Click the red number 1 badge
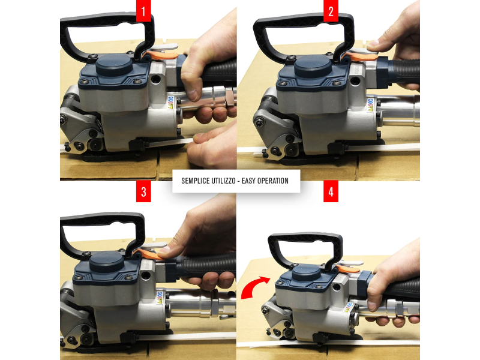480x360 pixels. tap(143, 11)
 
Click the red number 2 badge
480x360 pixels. tap(331, 11)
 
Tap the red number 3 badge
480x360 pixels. tap(143, 191)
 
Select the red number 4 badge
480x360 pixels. tap(331, 191)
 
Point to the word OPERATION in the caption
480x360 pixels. tap(273, 181)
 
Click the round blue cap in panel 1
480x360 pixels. tap(114, 65)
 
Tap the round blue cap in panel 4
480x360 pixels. tap(307, 272)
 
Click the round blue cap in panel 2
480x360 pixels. tap(313, 66)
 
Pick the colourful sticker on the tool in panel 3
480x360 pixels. tap(160, 298)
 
